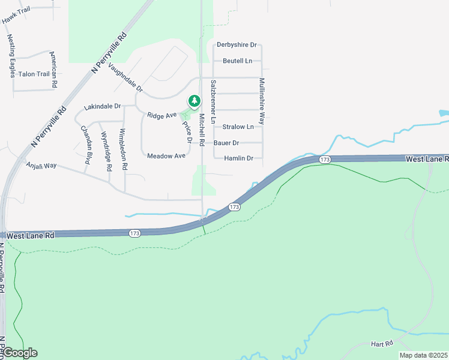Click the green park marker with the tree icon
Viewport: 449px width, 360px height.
click(194, 101)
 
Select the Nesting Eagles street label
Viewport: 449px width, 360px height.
click(12, 47)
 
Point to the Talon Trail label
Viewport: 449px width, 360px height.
click(34, 74)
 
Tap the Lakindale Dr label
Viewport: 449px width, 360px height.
click(103, 106)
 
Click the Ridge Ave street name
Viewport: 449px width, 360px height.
click(162, 114)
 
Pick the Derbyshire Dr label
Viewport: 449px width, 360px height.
click(237, 45)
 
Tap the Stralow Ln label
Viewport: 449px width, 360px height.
click(238, 127)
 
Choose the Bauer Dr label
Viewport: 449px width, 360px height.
click(226, 143)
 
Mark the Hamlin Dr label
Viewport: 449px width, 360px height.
click(238, 158)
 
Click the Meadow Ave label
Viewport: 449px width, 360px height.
click(166, 156)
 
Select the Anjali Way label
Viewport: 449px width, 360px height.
click(41, 164)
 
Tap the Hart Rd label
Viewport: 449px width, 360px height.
click(381, 343)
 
